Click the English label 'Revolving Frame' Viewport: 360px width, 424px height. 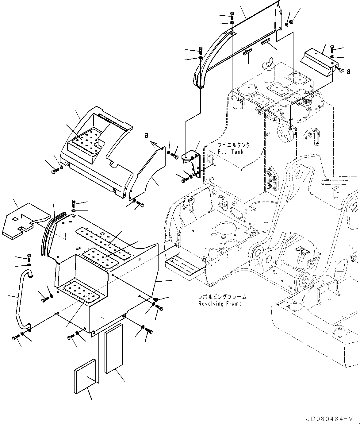tap(220, 304)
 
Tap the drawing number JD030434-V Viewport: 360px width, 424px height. tap(329, 418)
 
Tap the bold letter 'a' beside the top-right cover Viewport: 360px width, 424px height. tap(348, 71)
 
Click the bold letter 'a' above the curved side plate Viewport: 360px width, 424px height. tap(147, 135)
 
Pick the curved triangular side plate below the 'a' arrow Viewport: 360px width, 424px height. tap(147, 175)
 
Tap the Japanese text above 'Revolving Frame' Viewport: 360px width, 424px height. tap(222, 297)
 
